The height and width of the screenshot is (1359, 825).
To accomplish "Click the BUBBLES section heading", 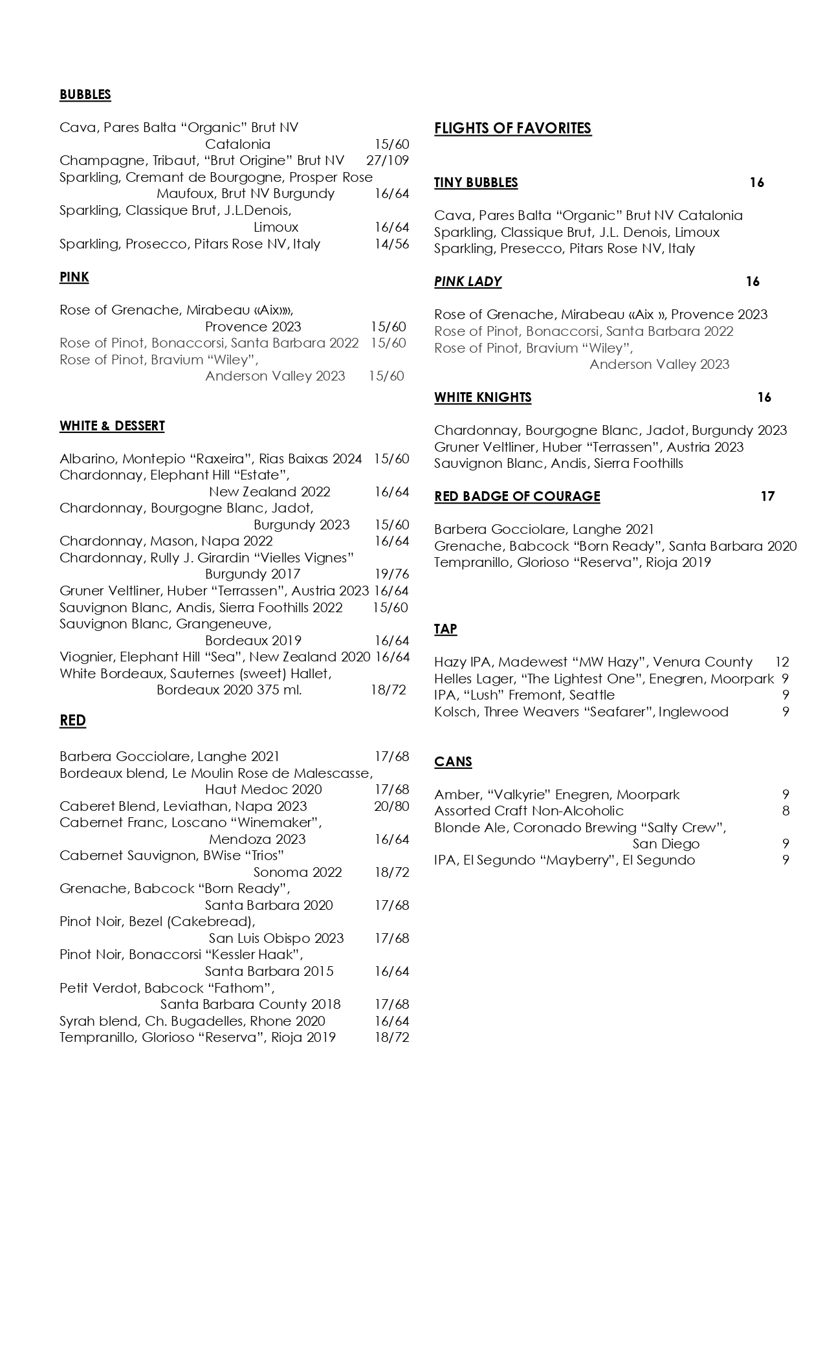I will coord(85,94).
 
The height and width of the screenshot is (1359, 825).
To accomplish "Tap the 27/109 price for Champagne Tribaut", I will coord(388,160).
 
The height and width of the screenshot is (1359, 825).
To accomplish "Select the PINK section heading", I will coord(74,277).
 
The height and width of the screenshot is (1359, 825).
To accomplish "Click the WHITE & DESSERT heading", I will coord(112,426).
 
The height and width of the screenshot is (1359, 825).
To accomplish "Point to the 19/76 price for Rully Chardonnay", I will coord(391,574).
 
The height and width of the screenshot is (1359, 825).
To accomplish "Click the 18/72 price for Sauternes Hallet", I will coord(388,690).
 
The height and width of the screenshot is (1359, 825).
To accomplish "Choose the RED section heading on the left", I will coord(72,721).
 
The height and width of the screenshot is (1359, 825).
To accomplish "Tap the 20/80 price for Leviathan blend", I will coord(391,806).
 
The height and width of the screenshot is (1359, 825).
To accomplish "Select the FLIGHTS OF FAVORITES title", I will coord(512,128).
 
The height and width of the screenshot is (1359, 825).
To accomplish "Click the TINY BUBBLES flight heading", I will coord(476,182).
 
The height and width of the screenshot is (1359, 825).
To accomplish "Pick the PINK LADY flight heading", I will coord(467,282).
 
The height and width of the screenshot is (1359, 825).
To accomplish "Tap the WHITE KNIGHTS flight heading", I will coord(483,397).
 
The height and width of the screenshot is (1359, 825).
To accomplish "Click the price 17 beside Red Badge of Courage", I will coord(767,496).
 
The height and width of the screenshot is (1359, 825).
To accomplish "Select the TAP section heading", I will coord(445,629).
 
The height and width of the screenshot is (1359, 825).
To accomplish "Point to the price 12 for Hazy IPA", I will coord(782,662).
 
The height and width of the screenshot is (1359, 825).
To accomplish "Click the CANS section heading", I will coord(453,762).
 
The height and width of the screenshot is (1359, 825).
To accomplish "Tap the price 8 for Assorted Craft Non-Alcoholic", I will coord(786,811).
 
